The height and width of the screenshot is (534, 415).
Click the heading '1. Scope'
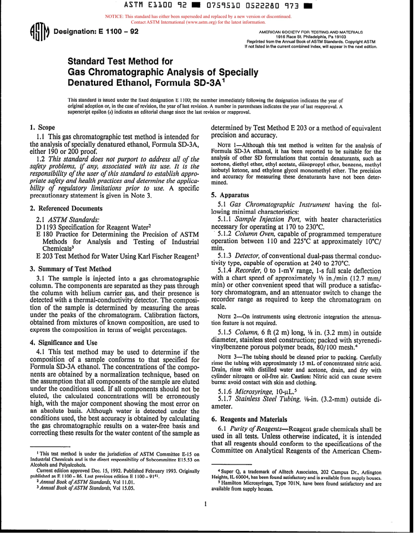pos(42,128)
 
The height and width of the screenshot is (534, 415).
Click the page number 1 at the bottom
pos(204,504)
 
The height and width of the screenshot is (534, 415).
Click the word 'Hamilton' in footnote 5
pos(232,484)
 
